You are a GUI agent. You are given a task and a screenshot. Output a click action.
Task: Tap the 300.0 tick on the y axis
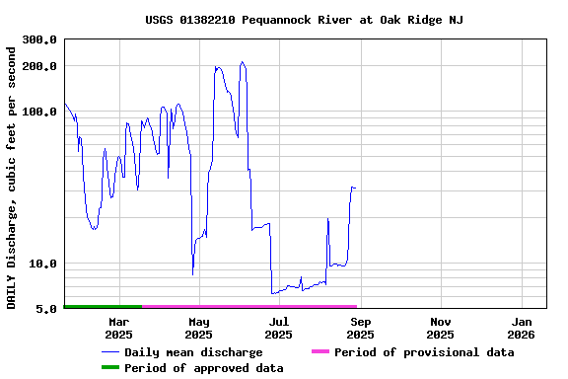pos(39,39)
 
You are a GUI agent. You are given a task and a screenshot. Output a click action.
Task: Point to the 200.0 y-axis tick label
pos(39,66)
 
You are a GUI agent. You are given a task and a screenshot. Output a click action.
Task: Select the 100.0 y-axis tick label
pos(39,112)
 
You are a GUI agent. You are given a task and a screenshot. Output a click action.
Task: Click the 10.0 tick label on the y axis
pos(43,264)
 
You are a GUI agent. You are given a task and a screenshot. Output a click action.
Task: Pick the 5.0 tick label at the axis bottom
pos(46,309)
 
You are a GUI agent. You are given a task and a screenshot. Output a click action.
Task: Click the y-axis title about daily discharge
pos(12,174)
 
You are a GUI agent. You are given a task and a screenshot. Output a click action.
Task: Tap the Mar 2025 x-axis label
pos(118,328)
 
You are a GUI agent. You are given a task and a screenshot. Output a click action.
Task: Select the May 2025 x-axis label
pos(199,328)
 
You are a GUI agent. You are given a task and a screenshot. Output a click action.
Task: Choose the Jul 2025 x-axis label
pos(279,328)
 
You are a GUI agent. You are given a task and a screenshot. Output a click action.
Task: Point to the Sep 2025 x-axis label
pos(361,328)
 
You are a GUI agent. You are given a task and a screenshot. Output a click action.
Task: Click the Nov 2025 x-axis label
pos(441,328)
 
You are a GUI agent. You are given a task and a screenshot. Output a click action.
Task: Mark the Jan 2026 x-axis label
pos(522,328)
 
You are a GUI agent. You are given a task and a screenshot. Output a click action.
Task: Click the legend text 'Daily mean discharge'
pos(193,352)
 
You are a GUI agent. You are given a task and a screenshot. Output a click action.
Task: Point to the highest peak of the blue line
pos(243,62)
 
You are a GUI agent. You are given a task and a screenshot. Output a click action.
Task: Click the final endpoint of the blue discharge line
pos(356,188)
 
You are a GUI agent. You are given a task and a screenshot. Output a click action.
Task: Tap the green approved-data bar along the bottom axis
pos(103,307)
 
